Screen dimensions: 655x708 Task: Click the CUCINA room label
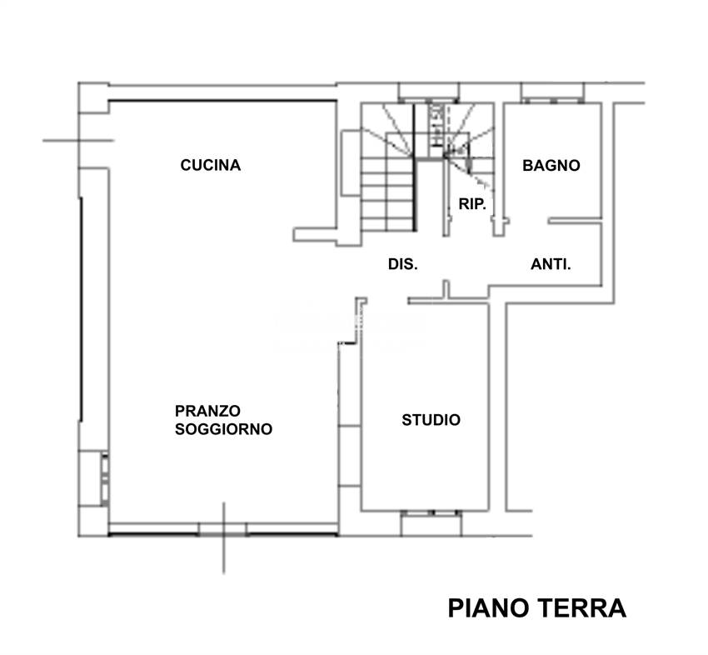(210, 165)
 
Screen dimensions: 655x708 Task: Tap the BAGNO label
(551, 165)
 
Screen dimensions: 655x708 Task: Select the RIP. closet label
(472, 203)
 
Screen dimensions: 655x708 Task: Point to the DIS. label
(402, 264)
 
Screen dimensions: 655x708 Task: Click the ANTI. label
(551, 264)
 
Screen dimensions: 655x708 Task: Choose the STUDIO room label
(431, 420)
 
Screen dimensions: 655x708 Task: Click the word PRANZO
(207, 411)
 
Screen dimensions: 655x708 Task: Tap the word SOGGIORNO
(223, 430)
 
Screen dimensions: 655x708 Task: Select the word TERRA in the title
(582, 608)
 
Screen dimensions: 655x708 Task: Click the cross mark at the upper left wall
(79, 140)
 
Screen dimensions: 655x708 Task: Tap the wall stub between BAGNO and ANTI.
(575, 221)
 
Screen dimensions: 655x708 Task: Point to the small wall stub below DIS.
(446, 290)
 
